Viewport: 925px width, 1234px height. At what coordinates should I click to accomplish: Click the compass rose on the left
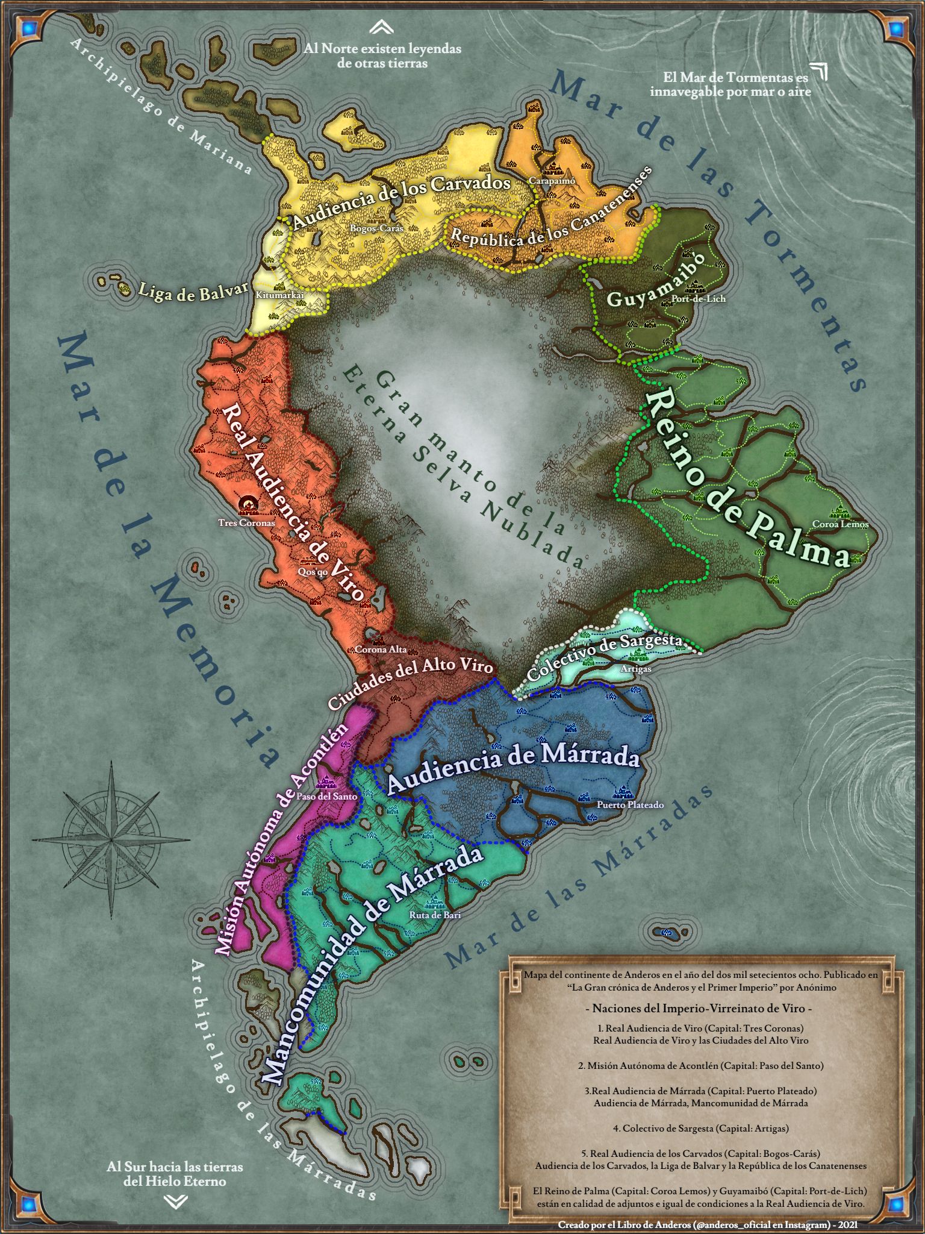pyautogui.click(x=111, y=838)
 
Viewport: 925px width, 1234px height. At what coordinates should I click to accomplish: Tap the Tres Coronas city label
pyautogui.click(x=246, y=523)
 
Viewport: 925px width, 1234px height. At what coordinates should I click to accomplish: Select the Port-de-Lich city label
pyautogui.click(x=699, y=299)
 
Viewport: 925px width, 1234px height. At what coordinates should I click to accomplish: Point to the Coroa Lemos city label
pyautogui.click(x=840, y=524)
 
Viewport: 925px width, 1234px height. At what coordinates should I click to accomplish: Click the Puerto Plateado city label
pyautogui.click(x=630, y=804)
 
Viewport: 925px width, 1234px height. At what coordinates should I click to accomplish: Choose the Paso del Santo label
pyautogui.click(x=327, y=796)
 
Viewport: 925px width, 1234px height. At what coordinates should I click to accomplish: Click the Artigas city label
pyautogui.click(x=635, y=669)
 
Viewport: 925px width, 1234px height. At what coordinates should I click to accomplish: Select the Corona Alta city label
pyautogui.click(x=380, y=650)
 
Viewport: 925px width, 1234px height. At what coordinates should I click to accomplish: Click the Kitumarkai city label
pyautogui.click(x=280, y=296)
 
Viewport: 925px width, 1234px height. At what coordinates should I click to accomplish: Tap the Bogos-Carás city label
pyautogui.click(x=376, y=228)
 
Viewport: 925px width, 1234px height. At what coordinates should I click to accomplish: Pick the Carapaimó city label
pyautogui.click(x=552, y=180)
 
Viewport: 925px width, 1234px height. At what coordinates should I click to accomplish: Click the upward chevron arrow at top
pyautogui.click(x=382, y=27)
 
